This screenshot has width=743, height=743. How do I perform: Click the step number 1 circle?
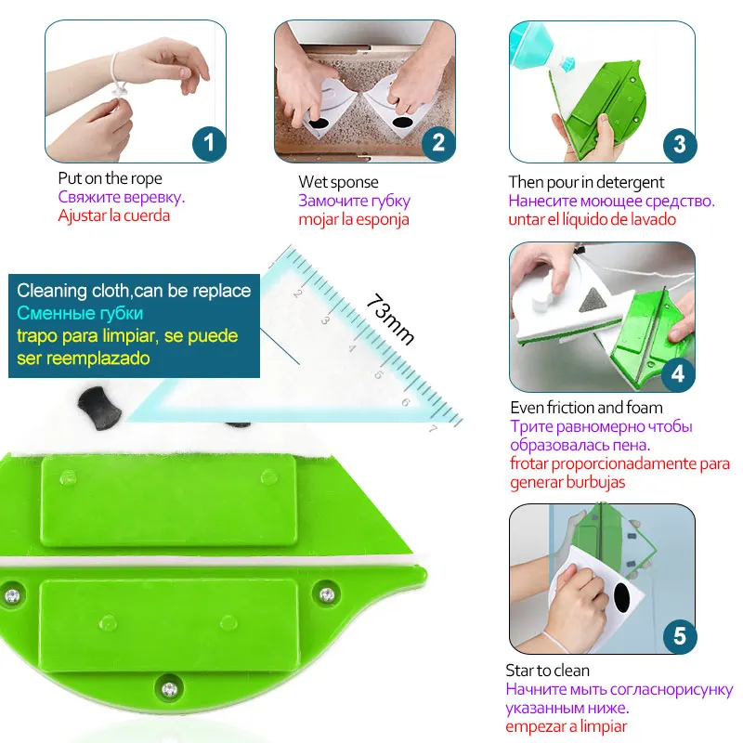click(x=210, y=144)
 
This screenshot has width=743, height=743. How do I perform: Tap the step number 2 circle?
click(x=438, y=144)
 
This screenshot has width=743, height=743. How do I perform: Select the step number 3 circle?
click(x=680, y=144)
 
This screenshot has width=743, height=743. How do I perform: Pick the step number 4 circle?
click(x=678, y=374)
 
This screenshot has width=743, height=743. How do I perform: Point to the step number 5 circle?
click(x=679, y=636)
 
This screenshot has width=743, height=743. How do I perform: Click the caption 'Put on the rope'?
click(x=110, y=178)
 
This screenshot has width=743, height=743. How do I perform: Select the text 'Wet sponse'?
click(x=338, y=182)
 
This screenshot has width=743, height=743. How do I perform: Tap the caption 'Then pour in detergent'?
click(x=586, y=182)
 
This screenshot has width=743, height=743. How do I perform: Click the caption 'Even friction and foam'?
click(x=586, y=408)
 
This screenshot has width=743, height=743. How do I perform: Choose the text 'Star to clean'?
click(x=548, y=671)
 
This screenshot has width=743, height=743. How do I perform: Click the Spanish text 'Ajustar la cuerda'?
click(x=114, y=215)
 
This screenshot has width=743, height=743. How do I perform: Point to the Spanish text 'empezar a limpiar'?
click(x=567, y=726)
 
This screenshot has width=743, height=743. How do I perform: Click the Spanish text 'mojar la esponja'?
click(x=353, y=219)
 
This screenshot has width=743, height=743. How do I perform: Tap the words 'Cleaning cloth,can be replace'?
click(x=134, y=291)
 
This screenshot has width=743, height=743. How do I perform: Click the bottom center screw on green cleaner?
click(x=169, y=689)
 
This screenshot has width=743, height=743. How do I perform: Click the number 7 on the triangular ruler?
click(x=433, y=428)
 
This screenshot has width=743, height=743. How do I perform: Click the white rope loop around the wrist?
click(x=120, y=74)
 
